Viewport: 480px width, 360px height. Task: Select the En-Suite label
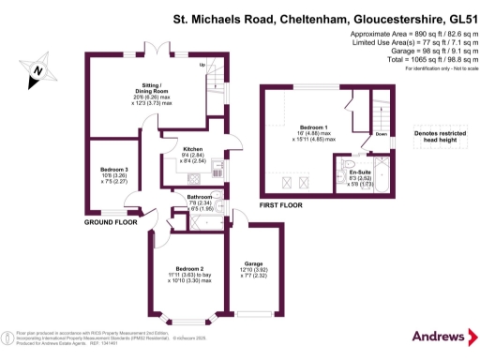coord(360,172)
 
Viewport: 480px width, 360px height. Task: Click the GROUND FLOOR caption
coord(106,224)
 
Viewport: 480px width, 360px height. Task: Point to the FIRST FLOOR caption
coord(280,204)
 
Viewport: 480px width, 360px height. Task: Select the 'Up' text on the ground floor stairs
coord(202,65)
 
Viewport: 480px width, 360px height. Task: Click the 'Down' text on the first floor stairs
coord(381,134)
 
